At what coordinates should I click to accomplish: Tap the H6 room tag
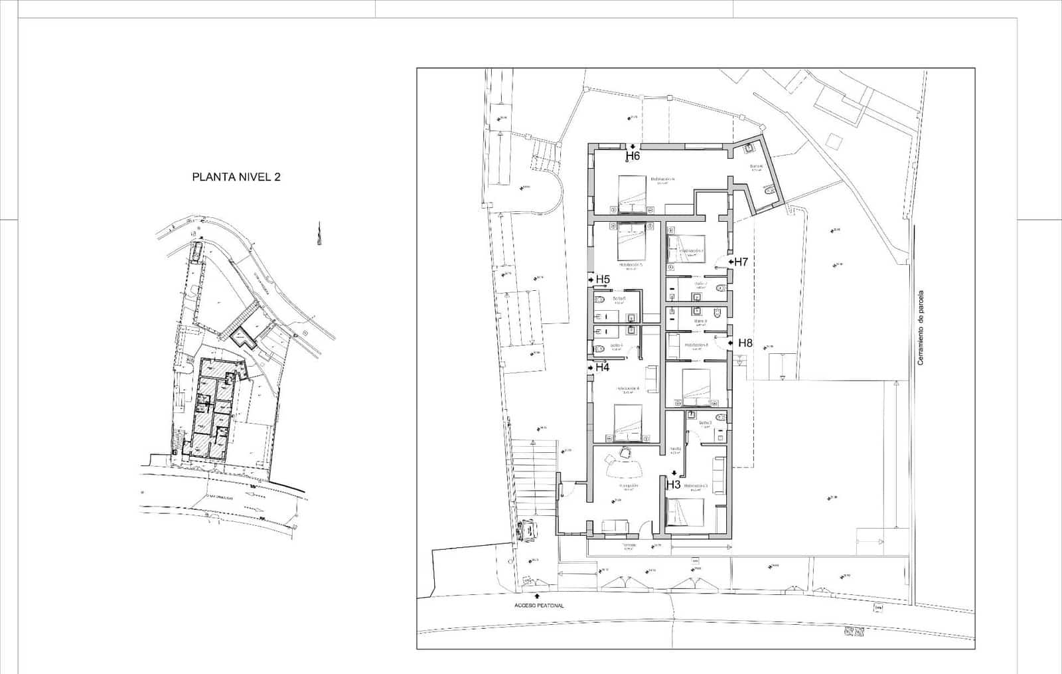pos(633,157)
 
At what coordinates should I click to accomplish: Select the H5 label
pos(603,280)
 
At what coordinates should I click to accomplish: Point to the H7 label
pos(741,262)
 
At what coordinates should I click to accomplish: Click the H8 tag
pos(745,343)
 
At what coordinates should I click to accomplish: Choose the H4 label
pos(602,367)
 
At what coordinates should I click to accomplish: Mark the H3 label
pos(673,485)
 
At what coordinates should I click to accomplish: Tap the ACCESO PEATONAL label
pos(539,606)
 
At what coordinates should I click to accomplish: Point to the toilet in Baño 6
pos(768,191)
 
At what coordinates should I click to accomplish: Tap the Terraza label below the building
pos(629,546)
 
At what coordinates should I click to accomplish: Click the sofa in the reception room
pos(615,527)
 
